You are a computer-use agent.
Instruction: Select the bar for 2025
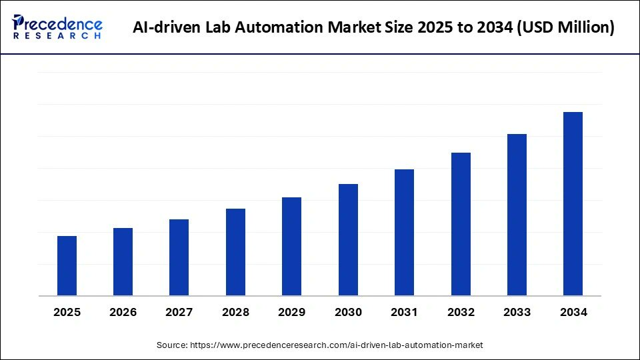(67, 266)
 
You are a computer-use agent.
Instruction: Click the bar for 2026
(123, 262)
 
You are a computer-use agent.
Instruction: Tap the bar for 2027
(179, 257)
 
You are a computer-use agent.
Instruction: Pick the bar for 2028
(235, 252)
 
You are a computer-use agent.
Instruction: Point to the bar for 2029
(291, 247)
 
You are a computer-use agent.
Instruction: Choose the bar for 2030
(348, 240)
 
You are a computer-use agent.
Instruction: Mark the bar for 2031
(404, 233)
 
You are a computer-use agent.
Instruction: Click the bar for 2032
(461, 224)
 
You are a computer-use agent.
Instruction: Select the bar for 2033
(517, 215)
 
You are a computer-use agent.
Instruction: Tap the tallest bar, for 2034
(573, 204)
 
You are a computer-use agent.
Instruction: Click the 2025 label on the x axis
(67, 312)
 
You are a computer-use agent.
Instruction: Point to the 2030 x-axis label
(348, 312)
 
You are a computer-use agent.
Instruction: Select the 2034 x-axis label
(573, 312)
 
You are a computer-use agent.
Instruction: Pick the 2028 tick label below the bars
(235, 312)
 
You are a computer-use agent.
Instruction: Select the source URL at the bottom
(337, 345)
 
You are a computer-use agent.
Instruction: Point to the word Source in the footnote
(172, 345)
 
